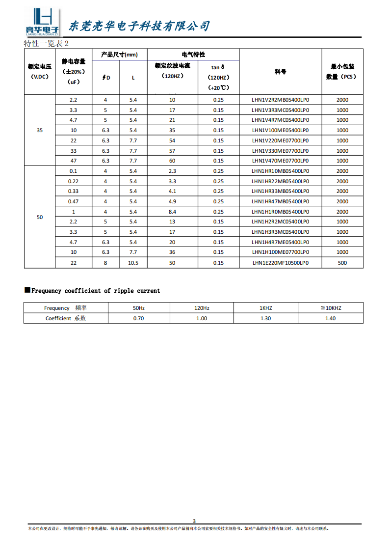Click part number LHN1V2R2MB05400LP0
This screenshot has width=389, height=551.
coord(280,100)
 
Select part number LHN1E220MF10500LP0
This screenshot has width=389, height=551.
coord(280,263)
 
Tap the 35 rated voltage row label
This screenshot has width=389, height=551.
coord(40,130)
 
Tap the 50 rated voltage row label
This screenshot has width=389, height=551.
coord(40,217)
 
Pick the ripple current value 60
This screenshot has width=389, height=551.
coord(172,161)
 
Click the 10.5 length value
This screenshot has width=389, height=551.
coord(133,263)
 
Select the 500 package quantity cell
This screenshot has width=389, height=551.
coord(342,263)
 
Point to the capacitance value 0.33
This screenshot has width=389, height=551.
coord(73,191)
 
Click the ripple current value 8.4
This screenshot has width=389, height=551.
coord(172,212)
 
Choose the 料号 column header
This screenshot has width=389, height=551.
coord(280,72)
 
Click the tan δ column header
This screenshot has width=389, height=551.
coord(218,67)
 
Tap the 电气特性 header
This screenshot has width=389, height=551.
coord(193,55)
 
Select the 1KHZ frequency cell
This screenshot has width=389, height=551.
coord(265,308)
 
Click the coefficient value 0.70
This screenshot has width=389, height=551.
coord(139,318)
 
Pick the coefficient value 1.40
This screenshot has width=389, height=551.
coord(330,318)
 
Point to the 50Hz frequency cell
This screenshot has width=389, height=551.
coord(139,308)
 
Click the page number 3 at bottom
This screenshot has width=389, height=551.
coord(194,521)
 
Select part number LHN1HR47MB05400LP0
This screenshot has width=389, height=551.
coord(280,201)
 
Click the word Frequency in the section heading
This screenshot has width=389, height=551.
coord(47,291)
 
